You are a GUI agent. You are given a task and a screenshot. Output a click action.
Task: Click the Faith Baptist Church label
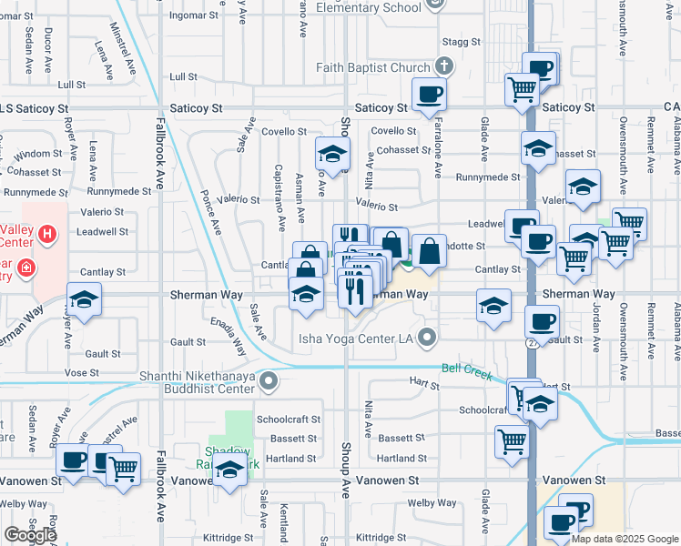tap(372, 67)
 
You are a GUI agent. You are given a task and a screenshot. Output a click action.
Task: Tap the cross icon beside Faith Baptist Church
tap(443, 66)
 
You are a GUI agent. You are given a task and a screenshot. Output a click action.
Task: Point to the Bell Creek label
tap(465, 369)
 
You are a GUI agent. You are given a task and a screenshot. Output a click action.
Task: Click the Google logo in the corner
tap(29, 535)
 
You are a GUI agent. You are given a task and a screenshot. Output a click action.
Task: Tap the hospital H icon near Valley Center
tap(47, 234)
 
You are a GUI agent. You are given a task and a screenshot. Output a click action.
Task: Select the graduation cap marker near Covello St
tap(333, 154)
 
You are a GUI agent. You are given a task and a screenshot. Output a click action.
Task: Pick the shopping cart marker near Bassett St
tap(513, 441)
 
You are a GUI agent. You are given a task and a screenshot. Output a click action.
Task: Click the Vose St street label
tap(81, 373)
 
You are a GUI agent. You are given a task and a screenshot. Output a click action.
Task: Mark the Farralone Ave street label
tap(438, 154)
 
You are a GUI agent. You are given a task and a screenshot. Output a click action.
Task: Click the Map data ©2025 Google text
tap(625, 539)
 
